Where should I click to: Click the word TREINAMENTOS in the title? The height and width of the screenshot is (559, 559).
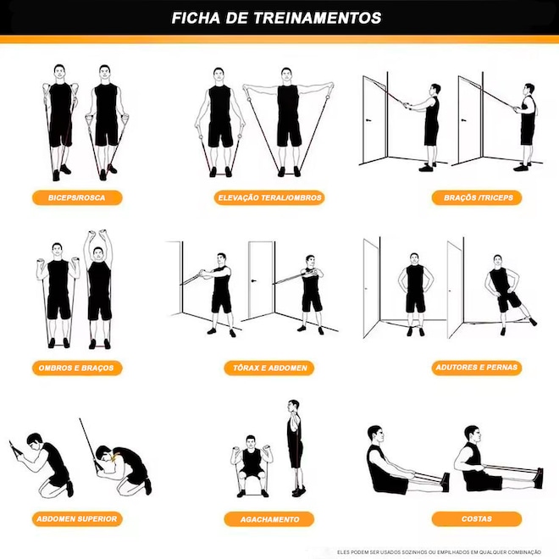317,18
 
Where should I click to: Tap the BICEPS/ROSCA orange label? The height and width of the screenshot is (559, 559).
77,198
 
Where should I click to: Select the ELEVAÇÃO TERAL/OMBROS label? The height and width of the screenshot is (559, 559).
269,198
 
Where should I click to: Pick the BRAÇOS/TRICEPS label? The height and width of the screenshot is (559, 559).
477,198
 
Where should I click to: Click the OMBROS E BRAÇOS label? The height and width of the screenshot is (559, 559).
77,368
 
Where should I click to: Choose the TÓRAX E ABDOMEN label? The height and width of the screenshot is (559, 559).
269,368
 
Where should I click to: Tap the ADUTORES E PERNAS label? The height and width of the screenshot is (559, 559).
477,368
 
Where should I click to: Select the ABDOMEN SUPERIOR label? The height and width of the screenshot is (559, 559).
77,519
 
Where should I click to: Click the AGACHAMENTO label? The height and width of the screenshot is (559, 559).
269,519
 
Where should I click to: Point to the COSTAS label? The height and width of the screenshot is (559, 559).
477,519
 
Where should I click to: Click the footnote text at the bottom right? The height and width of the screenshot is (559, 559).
439,552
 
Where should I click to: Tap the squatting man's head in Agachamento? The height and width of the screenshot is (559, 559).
251,442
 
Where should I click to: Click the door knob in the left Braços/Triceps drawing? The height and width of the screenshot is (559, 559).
368,120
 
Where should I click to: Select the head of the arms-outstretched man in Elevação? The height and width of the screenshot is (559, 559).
286,75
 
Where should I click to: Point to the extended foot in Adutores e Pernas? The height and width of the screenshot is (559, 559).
532,321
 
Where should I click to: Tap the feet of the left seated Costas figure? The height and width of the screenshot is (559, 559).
445,482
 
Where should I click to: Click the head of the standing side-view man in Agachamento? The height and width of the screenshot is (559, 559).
293,407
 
